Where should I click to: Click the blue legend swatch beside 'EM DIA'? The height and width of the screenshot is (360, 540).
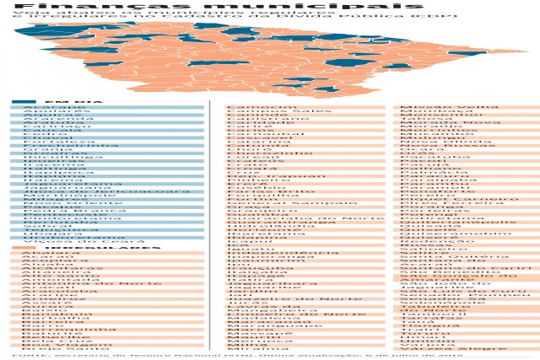coord(23,102)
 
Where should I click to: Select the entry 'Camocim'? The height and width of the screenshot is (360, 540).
coord(251,107)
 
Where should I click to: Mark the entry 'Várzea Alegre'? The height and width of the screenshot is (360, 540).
coord(439,346)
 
